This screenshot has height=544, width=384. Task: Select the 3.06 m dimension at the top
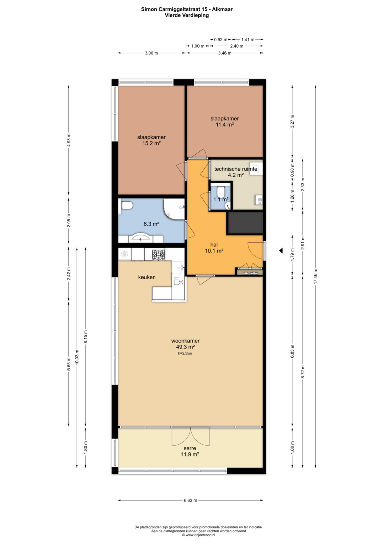point(151,53)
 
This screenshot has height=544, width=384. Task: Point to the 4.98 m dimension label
point(69,140)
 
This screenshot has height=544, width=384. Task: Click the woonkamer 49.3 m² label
point(186,343)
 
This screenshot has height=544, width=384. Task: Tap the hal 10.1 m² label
point(214,248)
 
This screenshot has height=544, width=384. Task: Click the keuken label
point(146,277)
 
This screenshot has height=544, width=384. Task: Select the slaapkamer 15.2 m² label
point(151,140)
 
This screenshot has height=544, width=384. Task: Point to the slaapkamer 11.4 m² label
point(224,122)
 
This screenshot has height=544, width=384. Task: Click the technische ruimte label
point(236,169)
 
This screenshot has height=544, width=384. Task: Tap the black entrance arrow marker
point(281,250)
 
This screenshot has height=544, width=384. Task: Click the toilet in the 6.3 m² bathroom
point(127,206)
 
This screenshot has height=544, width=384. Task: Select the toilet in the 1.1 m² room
point(220,192)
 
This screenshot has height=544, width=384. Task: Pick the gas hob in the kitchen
point(159,255)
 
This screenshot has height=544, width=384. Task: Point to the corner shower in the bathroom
point(174,209)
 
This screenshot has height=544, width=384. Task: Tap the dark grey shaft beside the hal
point(245,223)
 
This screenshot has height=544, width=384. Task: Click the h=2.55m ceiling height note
point(185,353)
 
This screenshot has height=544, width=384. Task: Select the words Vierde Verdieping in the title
point(187,15)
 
